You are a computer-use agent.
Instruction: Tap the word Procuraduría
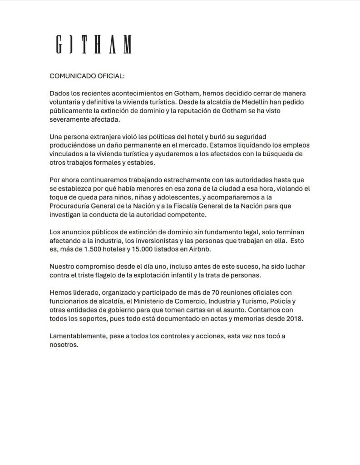72,206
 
